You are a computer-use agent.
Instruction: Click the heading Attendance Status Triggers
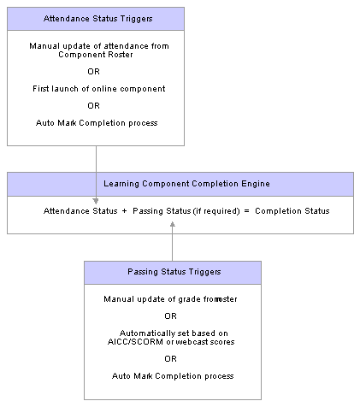pos(97,19)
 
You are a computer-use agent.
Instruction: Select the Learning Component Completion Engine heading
pos(186,184)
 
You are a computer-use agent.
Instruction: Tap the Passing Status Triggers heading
pos(174,272)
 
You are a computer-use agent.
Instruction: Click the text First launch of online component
pos(98,89)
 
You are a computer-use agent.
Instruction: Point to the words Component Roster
pos(96,55)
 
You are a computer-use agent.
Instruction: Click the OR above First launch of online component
pos(93,72)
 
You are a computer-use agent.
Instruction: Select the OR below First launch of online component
pos(93,106)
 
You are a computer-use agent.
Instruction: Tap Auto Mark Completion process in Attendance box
pos(97,123)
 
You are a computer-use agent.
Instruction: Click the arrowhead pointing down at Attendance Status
pos(96,201)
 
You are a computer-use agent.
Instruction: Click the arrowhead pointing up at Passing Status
pos(172,225)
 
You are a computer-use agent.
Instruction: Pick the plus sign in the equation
pos(124,211)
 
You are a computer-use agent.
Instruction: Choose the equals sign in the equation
pos(246,211)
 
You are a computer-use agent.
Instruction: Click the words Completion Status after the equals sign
pos(292,211)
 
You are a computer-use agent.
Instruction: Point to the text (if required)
pos(216,211)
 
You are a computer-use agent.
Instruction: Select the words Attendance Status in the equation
pos(80,211)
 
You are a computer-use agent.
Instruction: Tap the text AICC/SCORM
pos(135,342)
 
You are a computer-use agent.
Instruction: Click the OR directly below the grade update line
pos(170,316)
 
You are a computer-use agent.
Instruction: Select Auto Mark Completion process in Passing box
pos(173,376)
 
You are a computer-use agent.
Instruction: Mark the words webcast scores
pos(205,342)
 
